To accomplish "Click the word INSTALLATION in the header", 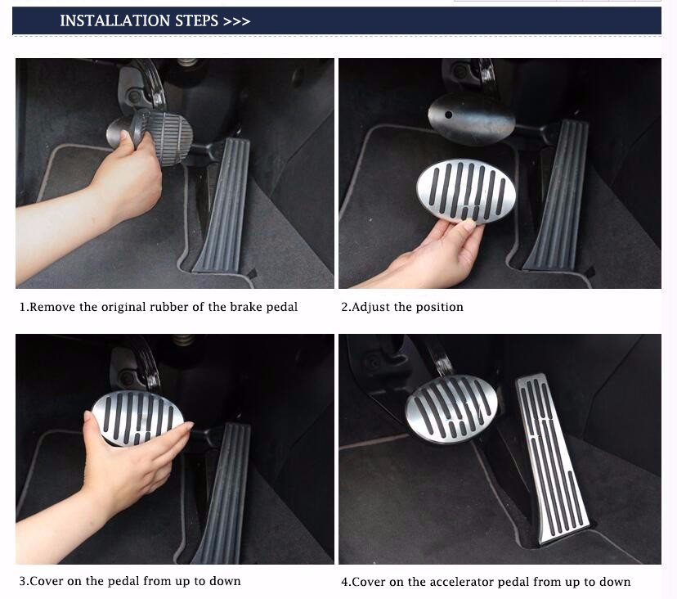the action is [114, 20].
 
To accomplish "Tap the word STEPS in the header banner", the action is [196, 20].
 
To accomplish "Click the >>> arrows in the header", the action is [236, 21].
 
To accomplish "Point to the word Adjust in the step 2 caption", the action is [371, 308].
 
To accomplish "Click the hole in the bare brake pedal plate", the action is [449, 115].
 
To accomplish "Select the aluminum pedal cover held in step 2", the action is [466, 191].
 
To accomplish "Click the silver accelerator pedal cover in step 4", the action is [552, 458].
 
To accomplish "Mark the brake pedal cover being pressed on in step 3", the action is [137, 418].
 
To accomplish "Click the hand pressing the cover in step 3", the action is [117, 471].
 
